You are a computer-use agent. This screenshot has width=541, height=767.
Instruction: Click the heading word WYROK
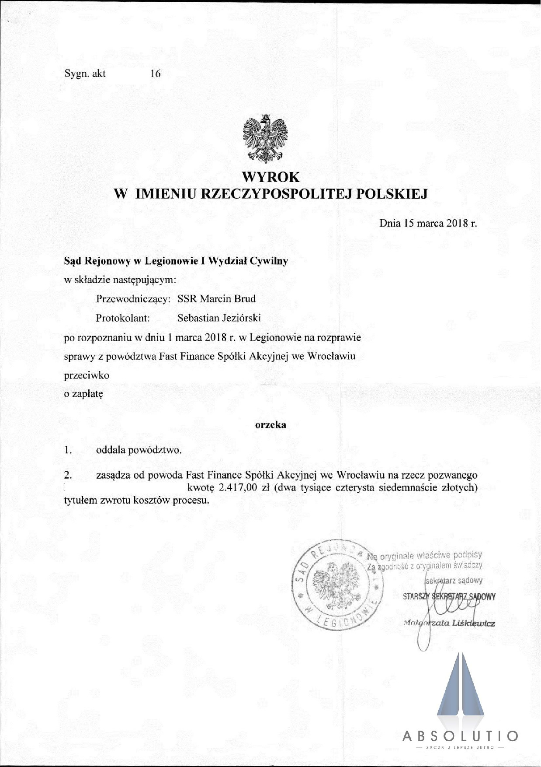coord(271,177)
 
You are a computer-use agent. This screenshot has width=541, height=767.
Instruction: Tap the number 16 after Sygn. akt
coord(155,74)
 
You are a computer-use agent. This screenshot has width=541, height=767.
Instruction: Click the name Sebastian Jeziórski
coord(219,318)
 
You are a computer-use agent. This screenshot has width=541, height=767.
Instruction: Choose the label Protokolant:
coord(123,318)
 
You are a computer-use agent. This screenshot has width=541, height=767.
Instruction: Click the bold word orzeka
coord(270,424)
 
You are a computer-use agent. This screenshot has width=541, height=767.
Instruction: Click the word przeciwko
coord(87,375)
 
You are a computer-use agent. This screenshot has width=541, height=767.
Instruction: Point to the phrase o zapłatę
coord(83,394)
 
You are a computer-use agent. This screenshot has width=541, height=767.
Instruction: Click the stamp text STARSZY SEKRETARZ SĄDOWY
coord(449,596)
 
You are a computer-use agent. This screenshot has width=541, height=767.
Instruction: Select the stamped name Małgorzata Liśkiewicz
coord(450,623)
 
